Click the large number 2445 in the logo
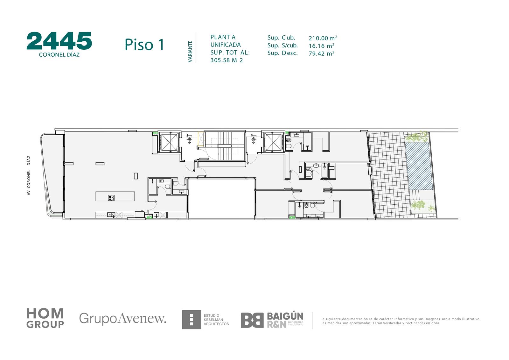click(59, 41)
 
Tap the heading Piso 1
click(144, 45)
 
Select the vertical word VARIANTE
click(190, 51)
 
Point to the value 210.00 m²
click(323, 38)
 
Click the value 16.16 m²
click(321, 46)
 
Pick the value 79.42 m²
click(321, 53)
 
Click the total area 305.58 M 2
click(227, 60)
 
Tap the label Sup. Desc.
click(282, 53)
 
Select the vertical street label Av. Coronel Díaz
click(29, 175)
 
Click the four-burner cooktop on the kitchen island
click(111, 198)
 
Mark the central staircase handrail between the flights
click(225, 146)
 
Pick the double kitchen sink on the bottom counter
click(111, 215)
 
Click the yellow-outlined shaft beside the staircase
click(201, 139)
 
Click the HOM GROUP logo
click(45, 318)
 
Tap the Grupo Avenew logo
click(123, 318)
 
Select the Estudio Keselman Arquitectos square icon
click(191, 320)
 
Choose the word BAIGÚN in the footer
click(285, 316)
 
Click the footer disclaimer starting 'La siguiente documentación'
click(401, 321)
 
